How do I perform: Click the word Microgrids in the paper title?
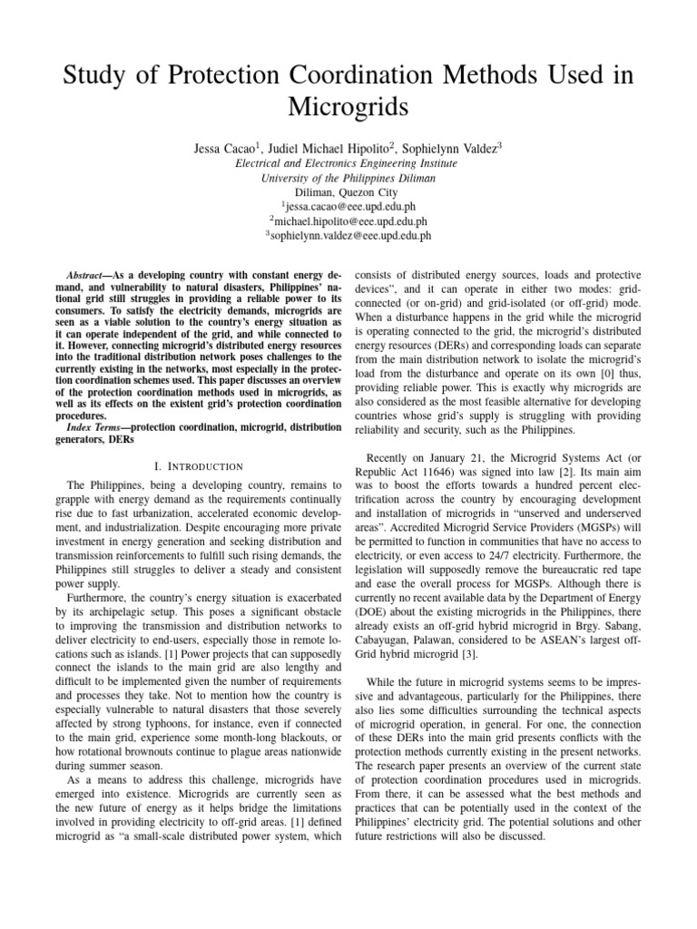[348, 108]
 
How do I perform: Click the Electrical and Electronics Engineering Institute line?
[348, 164]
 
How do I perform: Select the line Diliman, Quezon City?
[348, 192]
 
